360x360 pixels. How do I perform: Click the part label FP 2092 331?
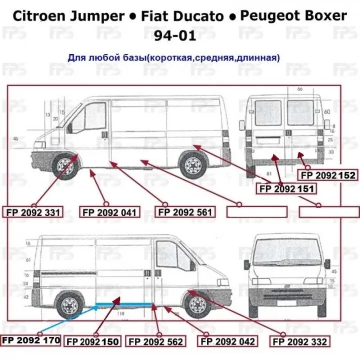tap(34, 212)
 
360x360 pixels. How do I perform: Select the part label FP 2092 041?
tap(109, 212)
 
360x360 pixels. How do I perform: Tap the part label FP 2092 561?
tap(185, 212)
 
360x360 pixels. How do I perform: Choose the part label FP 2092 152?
tap(327, 175)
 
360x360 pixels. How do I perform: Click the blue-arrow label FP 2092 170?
tap(31, 340)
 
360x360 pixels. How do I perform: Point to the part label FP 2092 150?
tap(93, 341)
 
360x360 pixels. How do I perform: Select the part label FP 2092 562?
tap(156, 341)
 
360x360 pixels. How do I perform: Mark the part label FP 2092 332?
tap(300, 341)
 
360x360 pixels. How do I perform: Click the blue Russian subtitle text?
tap(173, 57)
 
